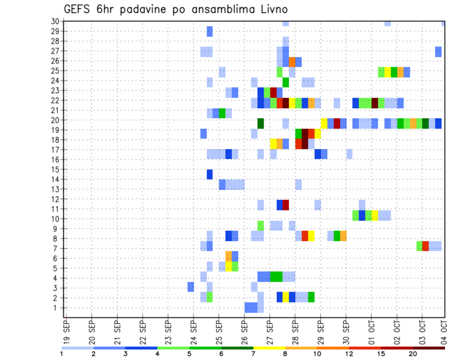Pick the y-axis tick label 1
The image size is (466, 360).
[x=57, y=308]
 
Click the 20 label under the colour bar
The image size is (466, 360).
[x=413, y=354]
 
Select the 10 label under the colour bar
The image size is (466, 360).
[x=317, y=354]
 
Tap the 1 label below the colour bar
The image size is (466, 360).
[x=62, y=354]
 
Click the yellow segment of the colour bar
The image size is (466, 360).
[x=269, y=348]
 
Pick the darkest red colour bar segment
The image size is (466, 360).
[x=429, y=348]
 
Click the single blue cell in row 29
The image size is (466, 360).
[x=210, y=32]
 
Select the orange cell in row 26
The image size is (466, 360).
[x=292, y=61]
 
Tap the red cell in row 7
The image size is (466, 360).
[x=426, y=246]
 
